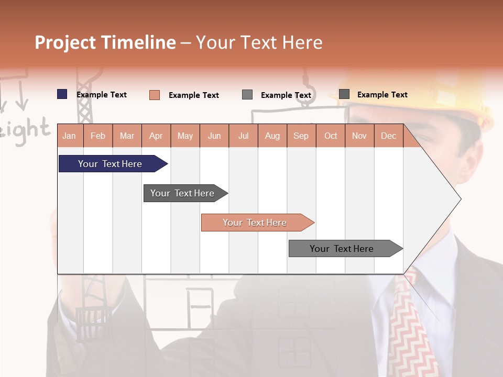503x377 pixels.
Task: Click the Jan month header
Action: [69, 136]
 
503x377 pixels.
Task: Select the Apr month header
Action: [156, 136]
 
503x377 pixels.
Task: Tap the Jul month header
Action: [243, 136]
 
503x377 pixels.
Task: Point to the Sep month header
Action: [301, 136]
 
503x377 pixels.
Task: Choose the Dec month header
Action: [388, 136]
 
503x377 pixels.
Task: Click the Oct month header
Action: [331, 136]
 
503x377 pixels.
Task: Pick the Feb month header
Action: [98, 136]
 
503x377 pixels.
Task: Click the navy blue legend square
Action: [62, 94]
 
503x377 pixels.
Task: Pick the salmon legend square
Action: [155, 95]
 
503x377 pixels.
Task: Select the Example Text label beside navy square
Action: [102, 95]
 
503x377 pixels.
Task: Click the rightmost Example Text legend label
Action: [382, 95]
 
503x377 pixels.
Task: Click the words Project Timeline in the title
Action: [105, 42]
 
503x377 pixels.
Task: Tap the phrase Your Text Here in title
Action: [259, 42]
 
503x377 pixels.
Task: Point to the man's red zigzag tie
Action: [414, 325]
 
